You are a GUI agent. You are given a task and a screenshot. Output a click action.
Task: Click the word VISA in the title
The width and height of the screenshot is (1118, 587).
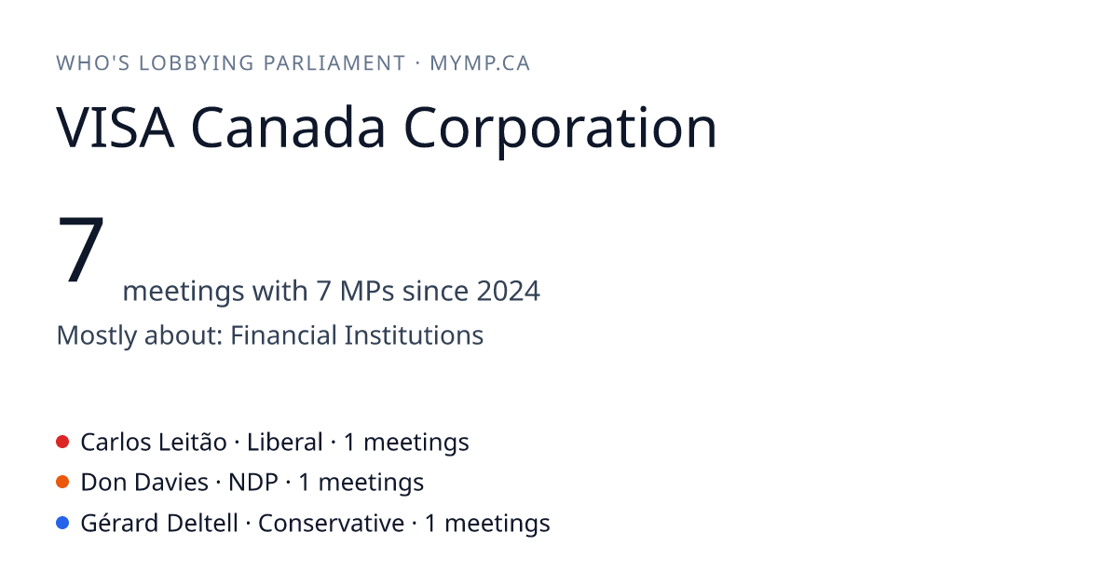116,128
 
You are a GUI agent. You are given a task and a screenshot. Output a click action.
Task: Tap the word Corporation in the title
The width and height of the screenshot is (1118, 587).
560,130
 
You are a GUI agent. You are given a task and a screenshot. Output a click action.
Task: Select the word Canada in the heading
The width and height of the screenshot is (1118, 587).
288,127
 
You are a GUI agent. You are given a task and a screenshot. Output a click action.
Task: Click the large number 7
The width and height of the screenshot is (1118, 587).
81,249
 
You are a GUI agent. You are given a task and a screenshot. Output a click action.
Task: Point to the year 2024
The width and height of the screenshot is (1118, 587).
508,291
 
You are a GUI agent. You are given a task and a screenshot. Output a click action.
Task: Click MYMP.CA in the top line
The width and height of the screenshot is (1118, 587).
480,63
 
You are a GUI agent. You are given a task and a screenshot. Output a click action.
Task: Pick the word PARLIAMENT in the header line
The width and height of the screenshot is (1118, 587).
334,63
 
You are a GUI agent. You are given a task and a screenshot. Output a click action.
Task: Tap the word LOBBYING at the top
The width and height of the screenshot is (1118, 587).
197,63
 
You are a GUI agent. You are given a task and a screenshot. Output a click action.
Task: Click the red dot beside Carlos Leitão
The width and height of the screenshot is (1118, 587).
62,443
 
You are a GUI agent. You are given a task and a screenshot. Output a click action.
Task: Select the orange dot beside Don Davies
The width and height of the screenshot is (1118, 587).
62,483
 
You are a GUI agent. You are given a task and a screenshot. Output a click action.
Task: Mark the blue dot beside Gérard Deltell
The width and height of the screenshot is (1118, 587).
62,523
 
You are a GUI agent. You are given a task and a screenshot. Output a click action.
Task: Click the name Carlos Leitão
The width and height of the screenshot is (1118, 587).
154,443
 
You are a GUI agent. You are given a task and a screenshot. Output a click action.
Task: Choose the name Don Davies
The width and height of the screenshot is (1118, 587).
144,483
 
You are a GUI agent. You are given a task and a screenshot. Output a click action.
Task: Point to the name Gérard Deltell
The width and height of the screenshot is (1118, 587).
159,523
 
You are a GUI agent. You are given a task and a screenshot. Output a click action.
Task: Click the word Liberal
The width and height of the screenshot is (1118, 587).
284,443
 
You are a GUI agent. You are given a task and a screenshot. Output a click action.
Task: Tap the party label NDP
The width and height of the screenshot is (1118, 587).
253,483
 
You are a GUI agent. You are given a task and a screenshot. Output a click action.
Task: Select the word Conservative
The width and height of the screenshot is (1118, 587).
331,523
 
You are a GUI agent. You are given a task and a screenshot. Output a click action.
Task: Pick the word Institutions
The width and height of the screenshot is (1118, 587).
414,334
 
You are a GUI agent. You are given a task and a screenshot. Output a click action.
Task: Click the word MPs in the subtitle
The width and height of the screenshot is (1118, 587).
367,291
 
